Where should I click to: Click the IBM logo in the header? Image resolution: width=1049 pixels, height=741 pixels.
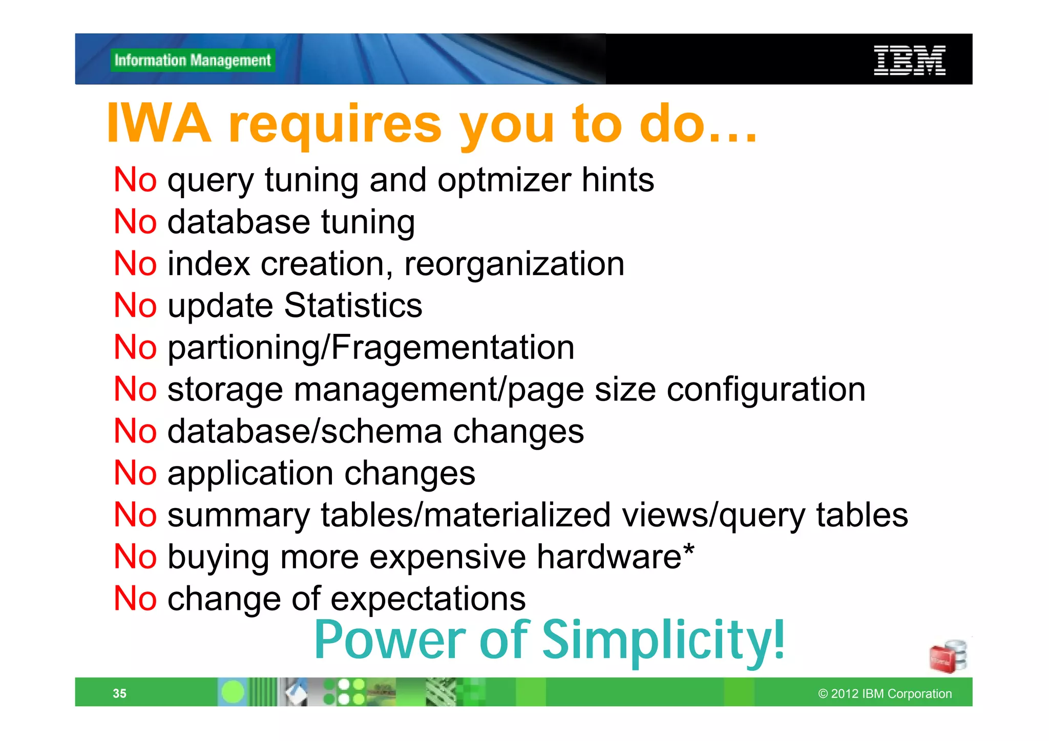pos(909,60)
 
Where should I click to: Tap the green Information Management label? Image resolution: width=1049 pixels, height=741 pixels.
pos(193,60)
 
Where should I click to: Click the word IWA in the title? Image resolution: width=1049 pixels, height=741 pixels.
pos(159,124)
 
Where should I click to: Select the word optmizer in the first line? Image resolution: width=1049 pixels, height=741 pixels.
pos(504,180)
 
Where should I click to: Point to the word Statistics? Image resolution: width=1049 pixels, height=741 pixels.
pos(353,306)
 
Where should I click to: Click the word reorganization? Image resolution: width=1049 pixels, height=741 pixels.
pos(514,264)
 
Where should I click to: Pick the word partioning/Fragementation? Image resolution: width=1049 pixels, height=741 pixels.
pos(371,348)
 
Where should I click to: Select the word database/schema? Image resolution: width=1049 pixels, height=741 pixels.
pos(305,432)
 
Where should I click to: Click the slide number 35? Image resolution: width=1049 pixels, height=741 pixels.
pos(119,693)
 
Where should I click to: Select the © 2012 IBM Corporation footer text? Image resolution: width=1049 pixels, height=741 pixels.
pos(885,694)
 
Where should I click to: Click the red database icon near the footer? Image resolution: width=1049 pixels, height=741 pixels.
pos(947,657)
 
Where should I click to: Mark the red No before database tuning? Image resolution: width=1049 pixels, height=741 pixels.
pos(135,222)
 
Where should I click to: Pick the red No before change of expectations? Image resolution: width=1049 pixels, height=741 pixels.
pos(135,599)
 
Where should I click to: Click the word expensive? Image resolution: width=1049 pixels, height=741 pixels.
pos(447,557)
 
